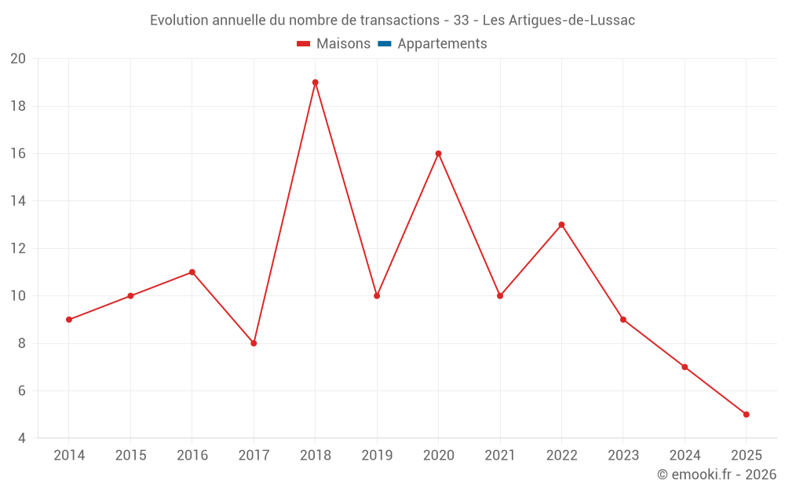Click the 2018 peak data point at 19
pos(315,82)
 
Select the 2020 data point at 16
pos(438,153)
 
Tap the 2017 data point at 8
pos(254,343)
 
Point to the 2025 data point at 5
pos(746,414)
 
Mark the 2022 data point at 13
pos(561,225)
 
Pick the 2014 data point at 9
pos(69,320)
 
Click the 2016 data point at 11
pos(192,272)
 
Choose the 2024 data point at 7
pos(685,367)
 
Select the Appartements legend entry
pos(442,44)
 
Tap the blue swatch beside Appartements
pos(384,44)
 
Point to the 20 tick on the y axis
pos(18,59)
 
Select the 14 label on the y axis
pos(18,201)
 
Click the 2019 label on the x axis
pos(377,456)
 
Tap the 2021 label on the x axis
pos(500,456)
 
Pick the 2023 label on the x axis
pos(623,456)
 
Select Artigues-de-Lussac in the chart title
pos(572,20)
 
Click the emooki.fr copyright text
pos(717,475)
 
